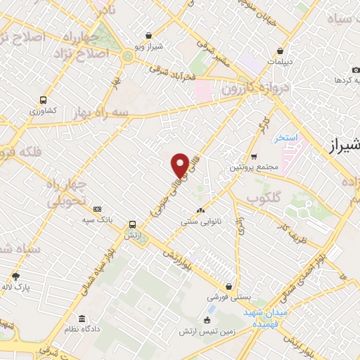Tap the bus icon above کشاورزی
click(44, 101)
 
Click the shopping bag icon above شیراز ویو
click(148, 35)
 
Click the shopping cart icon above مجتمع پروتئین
click(254, 156)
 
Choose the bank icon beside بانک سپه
click(97, 209)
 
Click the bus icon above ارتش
click(131, 224)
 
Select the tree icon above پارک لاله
click(15, 276)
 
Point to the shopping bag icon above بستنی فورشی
click(229, 286)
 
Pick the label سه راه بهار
click(104, 112)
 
